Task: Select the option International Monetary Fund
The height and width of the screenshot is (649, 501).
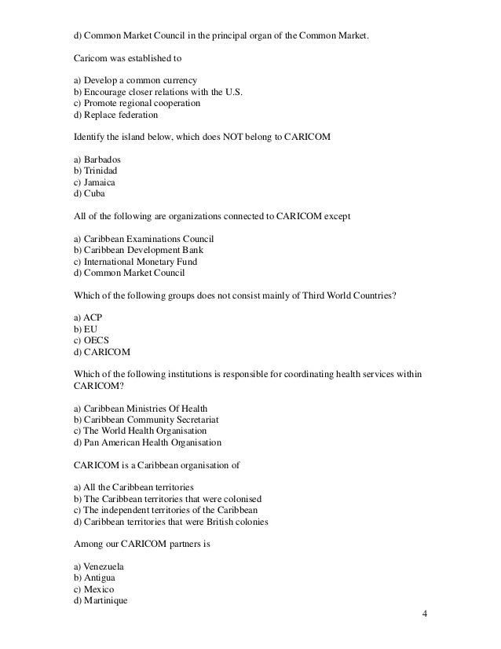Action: pos(138,261)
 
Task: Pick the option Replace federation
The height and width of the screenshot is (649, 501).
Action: pos(119,114)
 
